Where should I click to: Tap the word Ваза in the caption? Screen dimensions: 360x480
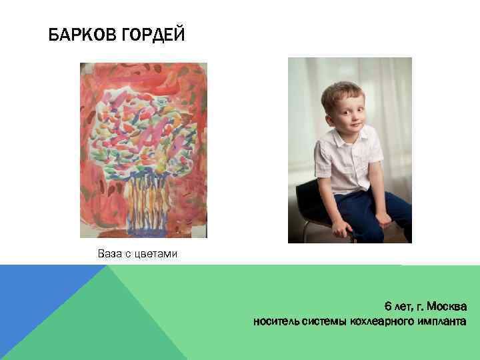click(x=109, y=254)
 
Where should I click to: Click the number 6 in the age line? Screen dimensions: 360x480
click(x=387, y=307)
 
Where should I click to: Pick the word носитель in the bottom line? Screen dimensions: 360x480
click(x=275, y=322)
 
